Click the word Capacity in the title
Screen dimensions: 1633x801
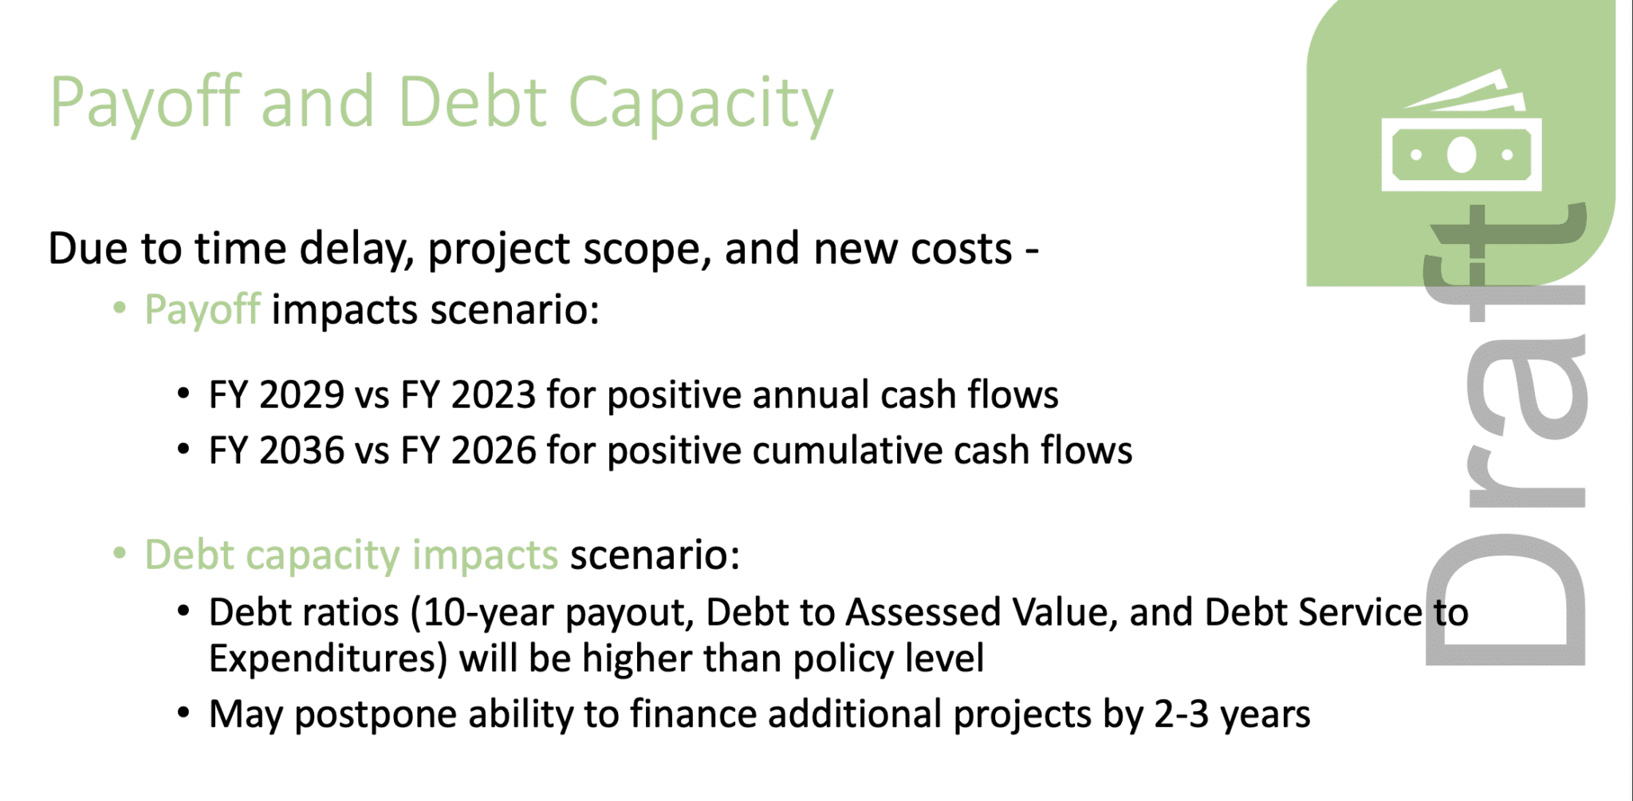point(700,104)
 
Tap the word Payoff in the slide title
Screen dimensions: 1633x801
point(145,104)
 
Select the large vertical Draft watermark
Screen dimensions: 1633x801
point(1505,434)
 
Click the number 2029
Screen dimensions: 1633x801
point(301,395)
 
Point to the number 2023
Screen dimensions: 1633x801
point(493,395)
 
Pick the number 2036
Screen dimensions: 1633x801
point(301,451)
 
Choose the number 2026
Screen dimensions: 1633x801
point(493,451)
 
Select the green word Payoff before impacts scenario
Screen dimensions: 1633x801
point(203,310)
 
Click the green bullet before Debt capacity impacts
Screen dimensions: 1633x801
point(120,553)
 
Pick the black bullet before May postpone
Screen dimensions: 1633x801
point(183,713)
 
